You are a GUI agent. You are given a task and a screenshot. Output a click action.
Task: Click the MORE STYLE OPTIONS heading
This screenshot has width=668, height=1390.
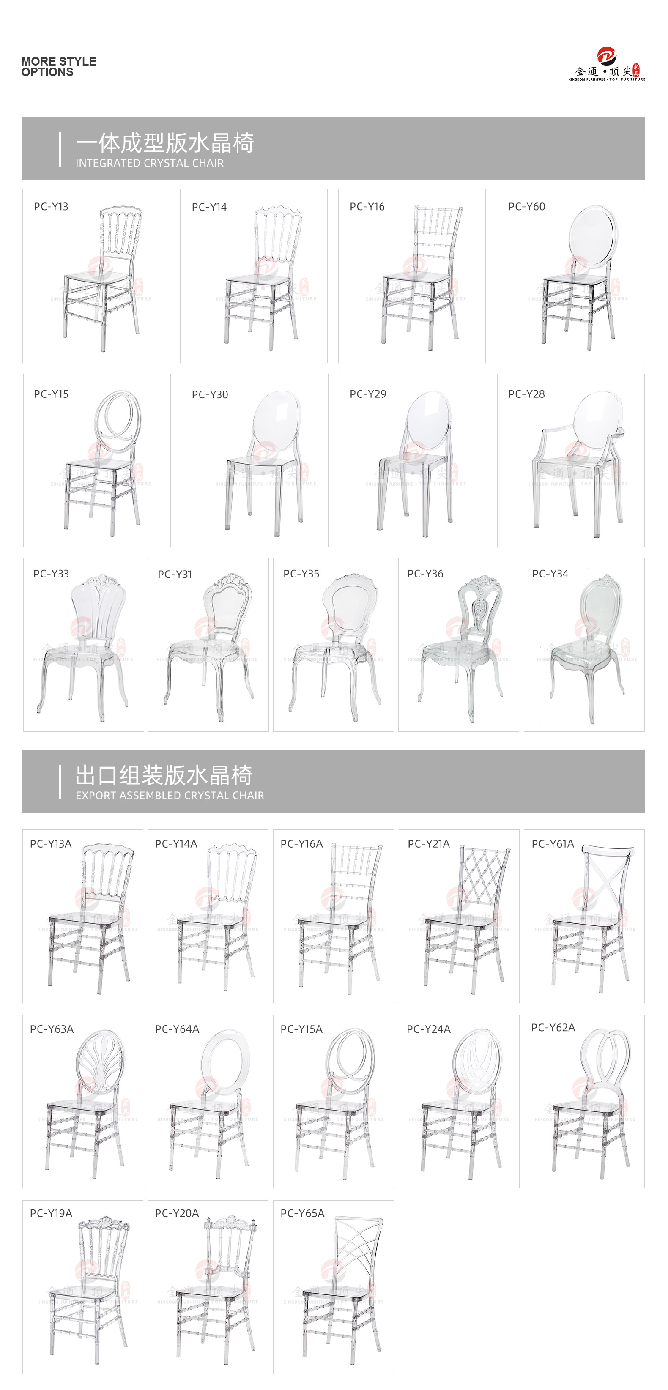coord(58,66)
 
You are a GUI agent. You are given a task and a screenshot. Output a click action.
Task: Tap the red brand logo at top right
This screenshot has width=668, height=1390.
coord(607,55)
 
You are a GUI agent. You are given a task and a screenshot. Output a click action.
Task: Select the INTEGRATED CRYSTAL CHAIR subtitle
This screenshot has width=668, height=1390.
coord(150,163)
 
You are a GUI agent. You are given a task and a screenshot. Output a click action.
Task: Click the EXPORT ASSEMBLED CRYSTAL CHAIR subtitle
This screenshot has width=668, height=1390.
coord(170,795)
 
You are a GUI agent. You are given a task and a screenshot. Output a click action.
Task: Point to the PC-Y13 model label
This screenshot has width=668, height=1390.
coord(51,207)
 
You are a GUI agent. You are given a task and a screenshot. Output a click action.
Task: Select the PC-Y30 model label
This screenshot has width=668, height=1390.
coord(210,394)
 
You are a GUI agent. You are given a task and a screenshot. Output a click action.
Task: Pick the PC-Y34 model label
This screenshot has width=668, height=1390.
coord(550,574)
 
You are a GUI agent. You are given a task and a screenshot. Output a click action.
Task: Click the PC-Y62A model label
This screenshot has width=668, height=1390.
coord(553,1027)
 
